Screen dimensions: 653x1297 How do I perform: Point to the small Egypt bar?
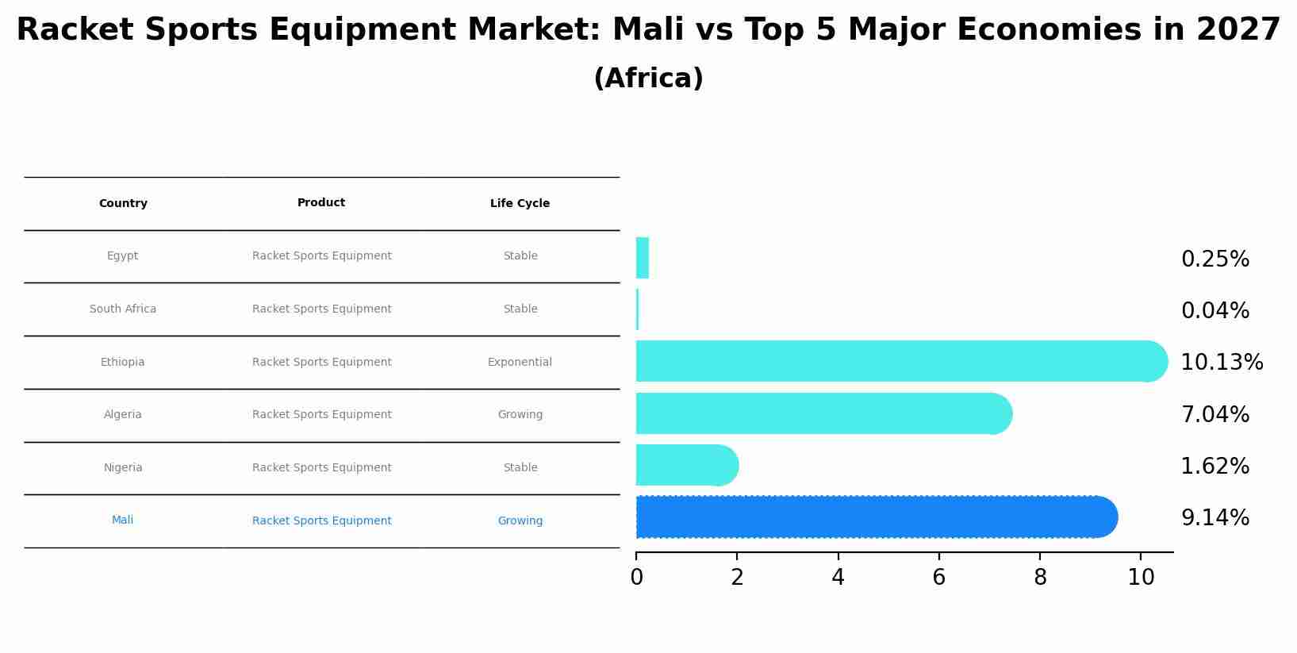pyautogui.click(x=643, y=258)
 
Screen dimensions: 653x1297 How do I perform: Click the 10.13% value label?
pyautogui.click(x=1221, y=363)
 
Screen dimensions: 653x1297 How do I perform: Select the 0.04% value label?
pyautogui.click(x=1214, y=311)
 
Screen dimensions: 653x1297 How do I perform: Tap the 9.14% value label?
pyautogui.click(x=1214, y=518)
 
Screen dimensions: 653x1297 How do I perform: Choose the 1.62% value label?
pyautogui.click(x=1214, y=467)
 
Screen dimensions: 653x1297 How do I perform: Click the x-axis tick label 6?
pyautogui.click(x=939, y=578)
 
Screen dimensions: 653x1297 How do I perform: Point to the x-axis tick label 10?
pyautogui.click(x=1141, y=578)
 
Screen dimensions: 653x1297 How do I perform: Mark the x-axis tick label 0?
pyautogui.click(x=636, y=578)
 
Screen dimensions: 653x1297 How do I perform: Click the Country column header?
pyautogui.click(x=123, y=204)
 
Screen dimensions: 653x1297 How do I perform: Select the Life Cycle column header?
pyautogui.click(x=520, y=204)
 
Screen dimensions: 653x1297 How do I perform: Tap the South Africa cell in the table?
pyautogui.click(x=123, y=309)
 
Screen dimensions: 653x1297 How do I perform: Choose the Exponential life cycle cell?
pyautogui.click(x=520, y=363)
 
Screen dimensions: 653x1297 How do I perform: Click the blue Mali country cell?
pyautogui.click(x=123, y=520)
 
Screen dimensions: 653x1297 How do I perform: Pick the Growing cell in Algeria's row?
pyautogui.click(x=520, y=415)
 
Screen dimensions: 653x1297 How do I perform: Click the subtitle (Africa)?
pyautogui.click(x=648, y=79)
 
